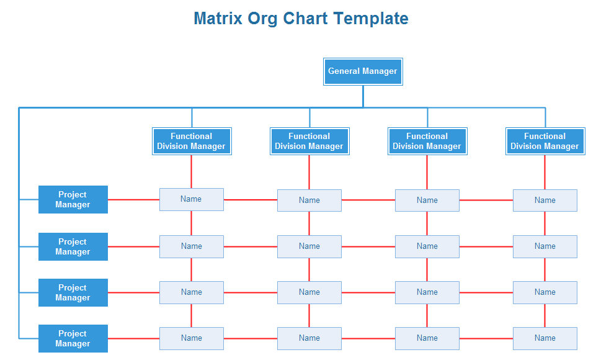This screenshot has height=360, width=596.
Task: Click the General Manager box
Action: (363, 71)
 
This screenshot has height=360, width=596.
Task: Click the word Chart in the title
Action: (305, 18)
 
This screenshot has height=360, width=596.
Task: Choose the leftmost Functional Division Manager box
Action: (192, 141)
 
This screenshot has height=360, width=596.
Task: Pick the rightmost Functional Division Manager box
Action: (545, 141)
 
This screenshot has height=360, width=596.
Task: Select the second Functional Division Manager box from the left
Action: (309, 141)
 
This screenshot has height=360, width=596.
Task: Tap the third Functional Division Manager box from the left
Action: (427, 141)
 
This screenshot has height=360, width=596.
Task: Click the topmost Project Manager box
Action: (73, 199)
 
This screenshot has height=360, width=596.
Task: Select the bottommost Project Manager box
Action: (73, 338)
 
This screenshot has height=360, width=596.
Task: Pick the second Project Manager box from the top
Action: (73, 246)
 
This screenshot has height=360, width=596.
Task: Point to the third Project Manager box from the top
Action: (73, 292)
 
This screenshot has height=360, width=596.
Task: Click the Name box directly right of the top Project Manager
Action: (192, 199)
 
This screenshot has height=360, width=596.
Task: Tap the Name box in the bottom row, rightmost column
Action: (545, 338)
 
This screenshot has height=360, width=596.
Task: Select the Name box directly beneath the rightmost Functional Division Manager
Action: (545, 200)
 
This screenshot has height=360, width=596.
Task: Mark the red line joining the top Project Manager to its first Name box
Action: (134, 199)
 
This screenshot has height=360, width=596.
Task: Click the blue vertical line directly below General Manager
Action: (363, 96)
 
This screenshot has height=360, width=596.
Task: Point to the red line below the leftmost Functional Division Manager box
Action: (191, 172)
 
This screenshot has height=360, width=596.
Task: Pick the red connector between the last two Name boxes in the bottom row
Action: (486, 338)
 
